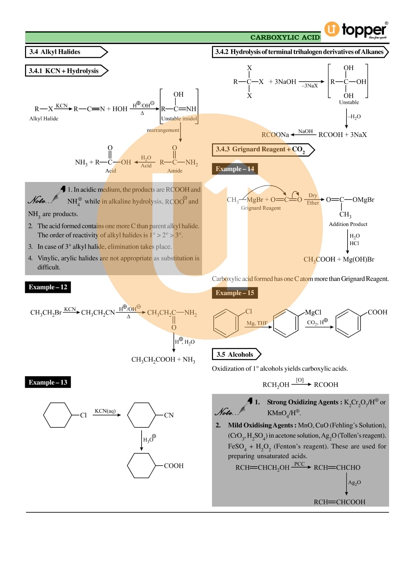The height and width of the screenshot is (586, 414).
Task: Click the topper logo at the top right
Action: tap(356, 30)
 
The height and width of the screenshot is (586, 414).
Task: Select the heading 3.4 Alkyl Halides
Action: tap(55, 52)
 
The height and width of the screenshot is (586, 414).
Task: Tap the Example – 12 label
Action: tap(48, 287)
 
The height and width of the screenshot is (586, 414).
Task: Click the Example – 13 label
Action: tap(48, 382)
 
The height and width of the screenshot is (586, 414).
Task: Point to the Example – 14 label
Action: tap(235, 169)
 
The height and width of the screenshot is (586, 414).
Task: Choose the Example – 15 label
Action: tap(235, 293)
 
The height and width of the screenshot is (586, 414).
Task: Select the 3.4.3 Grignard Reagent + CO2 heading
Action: tap(260, 150)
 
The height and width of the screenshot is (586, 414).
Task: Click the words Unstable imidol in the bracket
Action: tap(179, 119)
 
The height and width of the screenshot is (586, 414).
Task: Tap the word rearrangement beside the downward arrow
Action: tap(163, 130)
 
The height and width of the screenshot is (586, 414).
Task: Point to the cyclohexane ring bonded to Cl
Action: tap(57, 415)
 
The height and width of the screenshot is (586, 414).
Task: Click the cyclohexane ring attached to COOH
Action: tap(142, 465)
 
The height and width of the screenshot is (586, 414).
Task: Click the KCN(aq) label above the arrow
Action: tap(105, 411)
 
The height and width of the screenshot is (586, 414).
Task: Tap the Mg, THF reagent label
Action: tap(257, 323)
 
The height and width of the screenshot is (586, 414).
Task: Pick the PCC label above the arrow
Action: tap(299, 464)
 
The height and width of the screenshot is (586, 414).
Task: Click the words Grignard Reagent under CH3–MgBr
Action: tap(261, 208)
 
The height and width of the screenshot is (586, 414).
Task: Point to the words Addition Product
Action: tap(348, 224)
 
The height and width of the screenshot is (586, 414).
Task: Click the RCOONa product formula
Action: tap(275, 135)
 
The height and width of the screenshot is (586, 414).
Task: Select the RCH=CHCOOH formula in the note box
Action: tap(339, 502)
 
